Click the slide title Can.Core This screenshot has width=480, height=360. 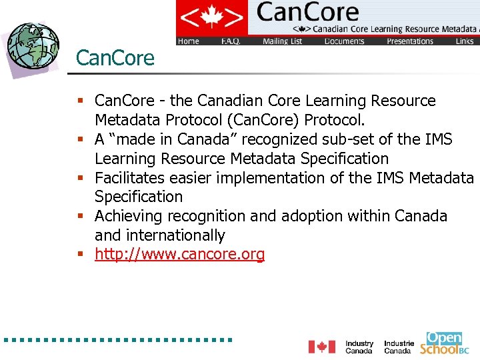tap(115, 58)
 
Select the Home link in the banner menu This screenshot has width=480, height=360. tap(189, 41)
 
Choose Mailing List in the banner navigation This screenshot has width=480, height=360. tap(282, 41)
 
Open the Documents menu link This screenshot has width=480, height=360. tap(344, 41)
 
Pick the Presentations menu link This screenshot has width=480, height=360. tap(410, 41)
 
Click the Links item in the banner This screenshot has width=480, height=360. tap(465, 41)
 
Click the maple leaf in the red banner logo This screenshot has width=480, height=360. tap(211, 17)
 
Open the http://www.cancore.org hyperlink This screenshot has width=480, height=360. tap(179, 254)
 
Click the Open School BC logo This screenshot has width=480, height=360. tap(445, 343)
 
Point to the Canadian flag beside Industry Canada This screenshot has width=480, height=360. tap(321, 347)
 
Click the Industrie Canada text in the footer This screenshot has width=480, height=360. tap(399, 347)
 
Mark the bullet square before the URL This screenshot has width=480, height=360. tap(80, 255)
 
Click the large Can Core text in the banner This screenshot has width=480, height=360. tap(307, 13)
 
